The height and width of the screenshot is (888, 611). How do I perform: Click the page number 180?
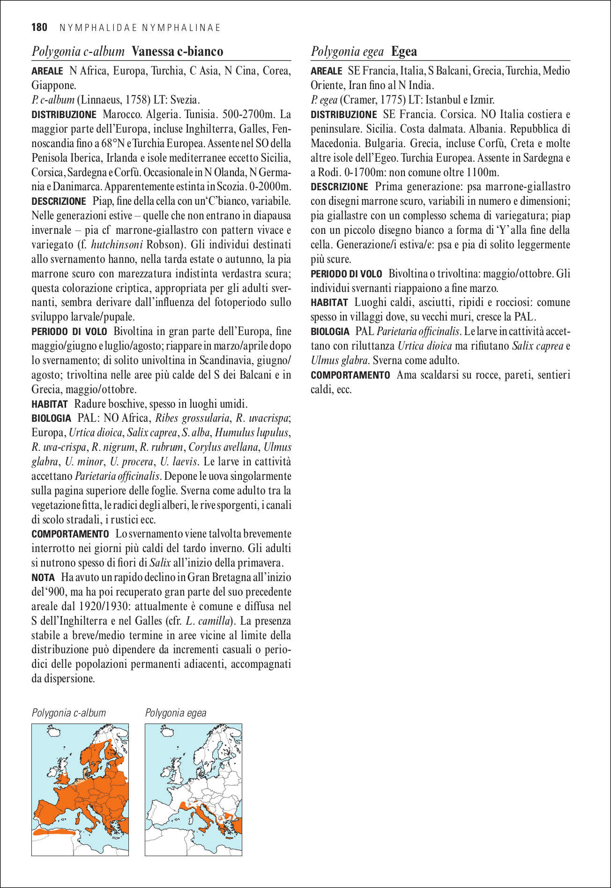pos(39,28)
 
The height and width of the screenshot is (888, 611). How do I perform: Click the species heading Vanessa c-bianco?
pos(177,52)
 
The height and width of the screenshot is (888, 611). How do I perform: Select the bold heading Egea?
pos(404,52)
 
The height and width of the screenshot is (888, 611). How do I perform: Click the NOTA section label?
pos(43,578)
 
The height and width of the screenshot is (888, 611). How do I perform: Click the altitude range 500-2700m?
pos(253,114)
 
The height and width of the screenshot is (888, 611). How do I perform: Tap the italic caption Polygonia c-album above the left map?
pos(69,713)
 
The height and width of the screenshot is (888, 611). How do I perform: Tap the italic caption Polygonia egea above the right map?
pos(176,713)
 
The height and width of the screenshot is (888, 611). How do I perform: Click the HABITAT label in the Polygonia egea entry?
pos(329,303)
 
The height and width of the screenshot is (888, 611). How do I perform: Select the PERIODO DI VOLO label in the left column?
pos(69,332)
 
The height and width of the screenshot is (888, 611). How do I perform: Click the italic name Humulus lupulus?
pos(252,433)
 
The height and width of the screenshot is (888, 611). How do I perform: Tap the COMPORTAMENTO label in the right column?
pos(350,375)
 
